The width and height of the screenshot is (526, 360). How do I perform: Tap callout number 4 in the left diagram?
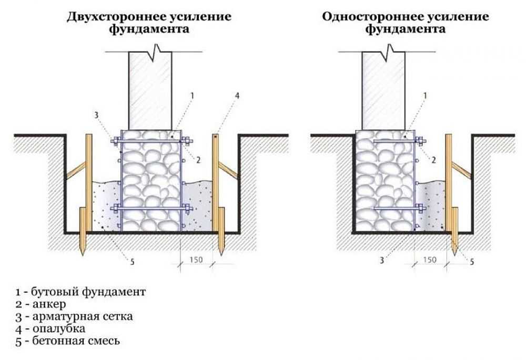(x=237, y=96)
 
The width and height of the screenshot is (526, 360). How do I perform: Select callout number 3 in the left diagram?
(x=96, y=114)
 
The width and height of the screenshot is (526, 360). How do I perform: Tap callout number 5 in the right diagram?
(x=472, y=261)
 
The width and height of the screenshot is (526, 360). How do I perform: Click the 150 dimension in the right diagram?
(x=430, y=260)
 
